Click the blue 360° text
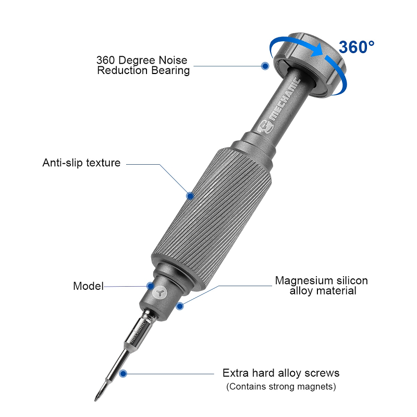tap(357, 46)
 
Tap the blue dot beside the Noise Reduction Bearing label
tap(265, 66)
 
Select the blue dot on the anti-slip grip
tap(190, 196)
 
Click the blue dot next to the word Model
tap(151, 286)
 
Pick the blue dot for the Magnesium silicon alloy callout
tap(180, 306)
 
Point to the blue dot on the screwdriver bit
tap(123, 373)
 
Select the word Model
tap(88, 286)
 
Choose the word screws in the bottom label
tap(323, 373)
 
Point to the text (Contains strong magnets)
tap(281, 387)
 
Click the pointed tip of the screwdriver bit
tap(97, 399)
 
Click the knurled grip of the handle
tap(214, 219)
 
